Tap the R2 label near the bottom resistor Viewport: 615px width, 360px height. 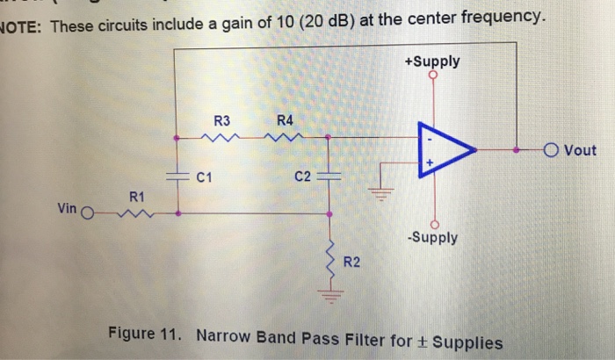click(351, 261)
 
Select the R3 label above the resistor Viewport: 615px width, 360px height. click(221, 120)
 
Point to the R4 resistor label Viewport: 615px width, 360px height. click(284, 120)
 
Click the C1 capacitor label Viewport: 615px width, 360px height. click(205, 176)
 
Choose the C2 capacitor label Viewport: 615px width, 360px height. click(303, 176)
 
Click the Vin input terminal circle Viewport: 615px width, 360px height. click(86, 212)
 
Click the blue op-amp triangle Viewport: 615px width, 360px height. click(449, 151)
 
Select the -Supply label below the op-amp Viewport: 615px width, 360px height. click(432, 238)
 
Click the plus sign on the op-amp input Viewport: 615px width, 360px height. click(430, 163)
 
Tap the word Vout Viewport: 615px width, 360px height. click(580, 151)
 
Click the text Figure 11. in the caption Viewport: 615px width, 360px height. click(148, 335)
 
